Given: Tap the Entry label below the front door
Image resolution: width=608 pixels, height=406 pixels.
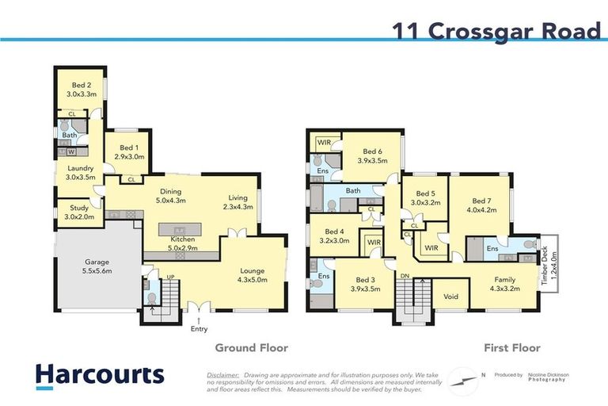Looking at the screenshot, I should [x=199, y=327].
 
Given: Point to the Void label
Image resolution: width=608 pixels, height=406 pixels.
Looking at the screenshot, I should [x=451, y=297].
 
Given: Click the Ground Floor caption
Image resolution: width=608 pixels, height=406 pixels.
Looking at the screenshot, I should [x=252, y=347].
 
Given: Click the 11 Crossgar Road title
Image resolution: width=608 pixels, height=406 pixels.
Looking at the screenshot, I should [x=496, y=31].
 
